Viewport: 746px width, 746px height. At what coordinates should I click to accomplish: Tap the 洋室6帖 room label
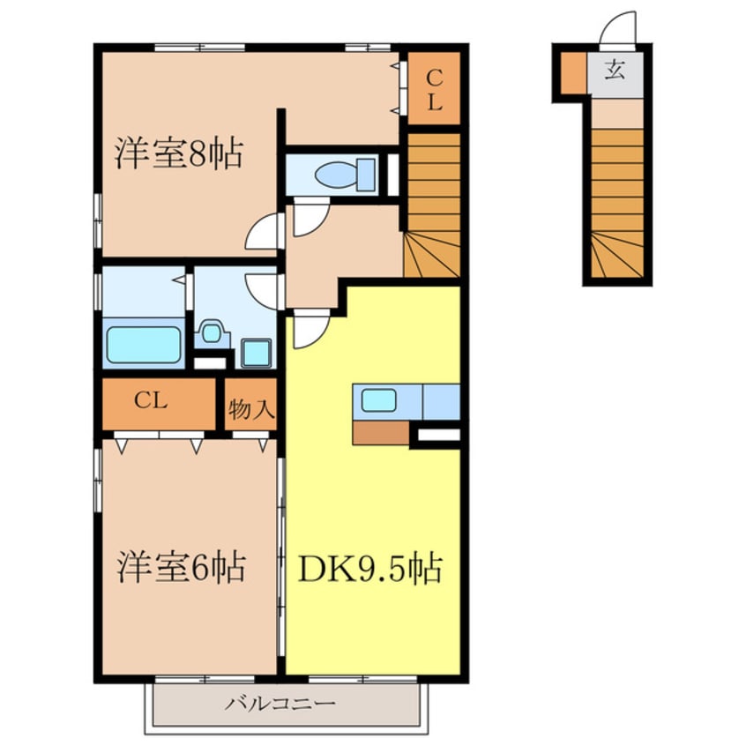coord(182,566)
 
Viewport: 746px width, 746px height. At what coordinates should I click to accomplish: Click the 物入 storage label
coord(251,408)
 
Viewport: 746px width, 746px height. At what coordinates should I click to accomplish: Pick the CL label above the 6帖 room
coord(152,401)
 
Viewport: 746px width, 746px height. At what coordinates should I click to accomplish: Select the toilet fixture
coord(342,173)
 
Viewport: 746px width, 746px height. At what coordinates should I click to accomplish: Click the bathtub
coord(144,346)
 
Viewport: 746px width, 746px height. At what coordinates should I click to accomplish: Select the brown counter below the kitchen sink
coord(381,432)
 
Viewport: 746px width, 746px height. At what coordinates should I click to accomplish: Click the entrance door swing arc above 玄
coord(618,28)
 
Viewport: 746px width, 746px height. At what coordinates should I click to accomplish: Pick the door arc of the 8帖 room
coord(262,235)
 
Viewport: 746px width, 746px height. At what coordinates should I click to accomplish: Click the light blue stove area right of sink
coord(440,402)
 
